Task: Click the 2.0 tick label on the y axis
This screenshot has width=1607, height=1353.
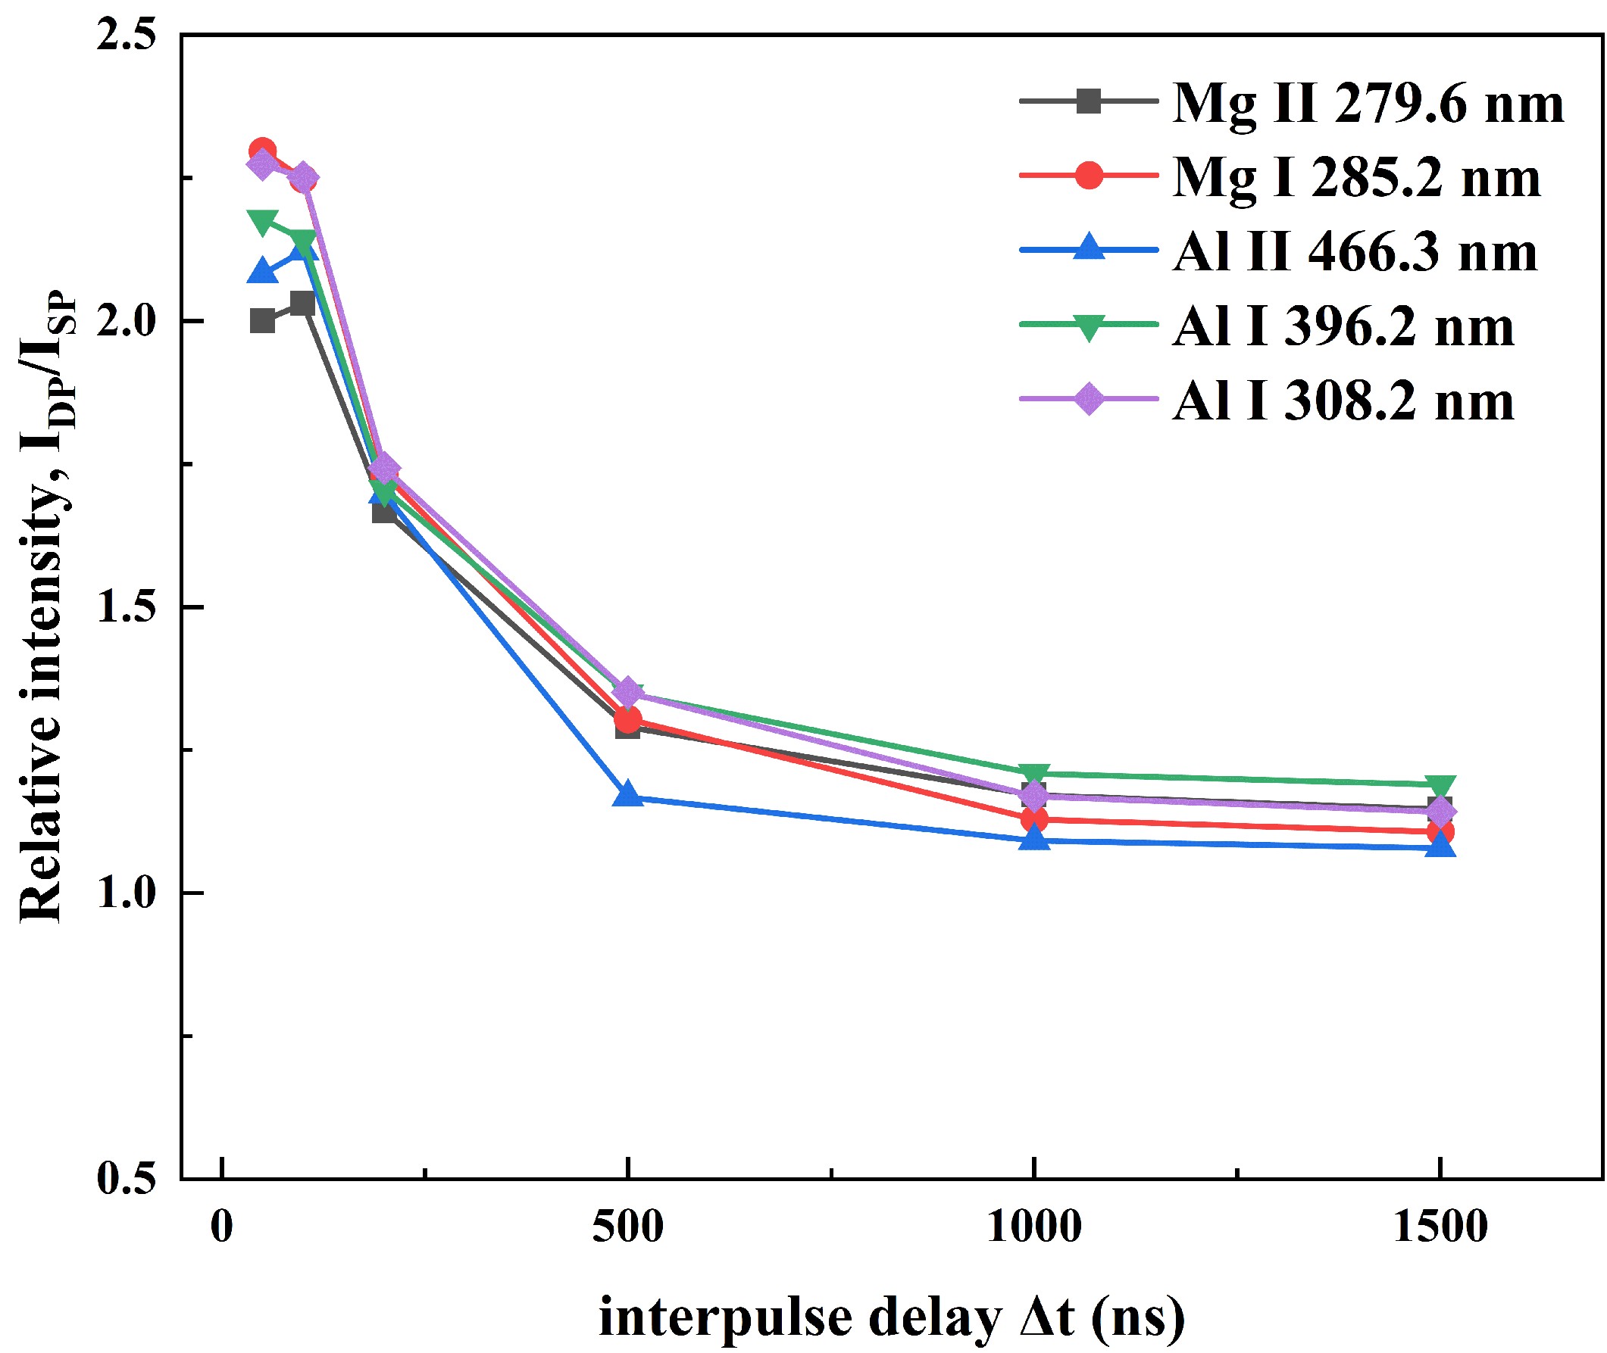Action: pos(126,321)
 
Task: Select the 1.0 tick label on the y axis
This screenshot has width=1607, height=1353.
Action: pos(126,893)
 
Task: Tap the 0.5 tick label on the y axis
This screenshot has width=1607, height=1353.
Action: pos(126,1179)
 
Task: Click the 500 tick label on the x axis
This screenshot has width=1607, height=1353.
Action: pos(628,1227)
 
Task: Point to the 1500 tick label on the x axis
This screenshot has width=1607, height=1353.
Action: pos(1440,1227)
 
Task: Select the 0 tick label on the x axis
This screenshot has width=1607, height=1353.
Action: pos(222,1227)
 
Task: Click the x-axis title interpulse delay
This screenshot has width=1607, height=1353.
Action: pos(891,1317)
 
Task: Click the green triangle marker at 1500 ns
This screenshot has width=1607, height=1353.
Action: pos(1440,786)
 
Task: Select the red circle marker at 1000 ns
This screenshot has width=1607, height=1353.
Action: pos(1034,819)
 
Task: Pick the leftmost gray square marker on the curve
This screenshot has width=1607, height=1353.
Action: pos(262,321)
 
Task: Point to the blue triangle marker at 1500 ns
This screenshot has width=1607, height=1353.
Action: pos(1440,845)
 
